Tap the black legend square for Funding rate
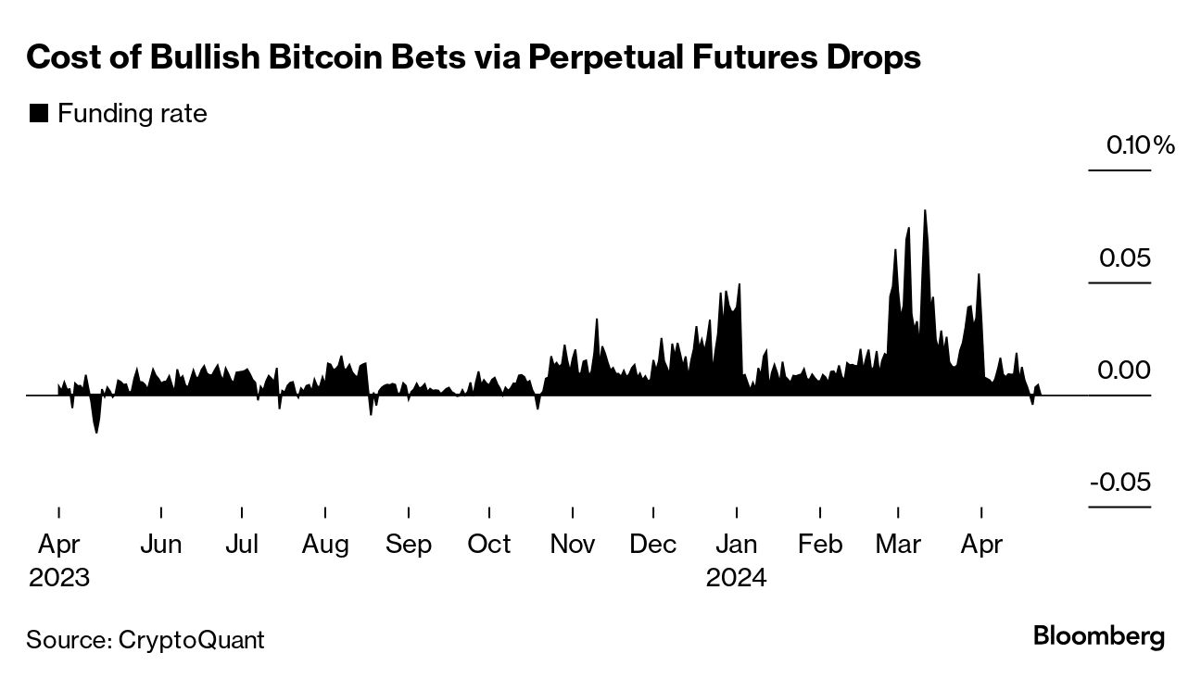click(39, 114)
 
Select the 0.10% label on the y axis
click(1139, 145)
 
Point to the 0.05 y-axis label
click(1124, 257)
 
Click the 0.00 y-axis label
click(1124, 370)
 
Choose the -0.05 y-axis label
click(1119, 483)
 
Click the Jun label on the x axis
click(160, 544)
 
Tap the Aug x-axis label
click(325, 544)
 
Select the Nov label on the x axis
click(572, 544)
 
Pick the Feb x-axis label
click(819, 544)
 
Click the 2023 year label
click(59, 578)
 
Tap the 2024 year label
click(736, 578)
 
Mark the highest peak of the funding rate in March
click(925, 212)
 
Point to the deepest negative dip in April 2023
click(95, 431)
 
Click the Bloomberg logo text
click(1098, 636)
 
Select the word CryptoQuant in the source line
click(191, 639)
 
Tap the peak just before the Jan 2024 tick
click(739, 285)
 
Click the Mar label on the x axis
click(898, 544)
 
